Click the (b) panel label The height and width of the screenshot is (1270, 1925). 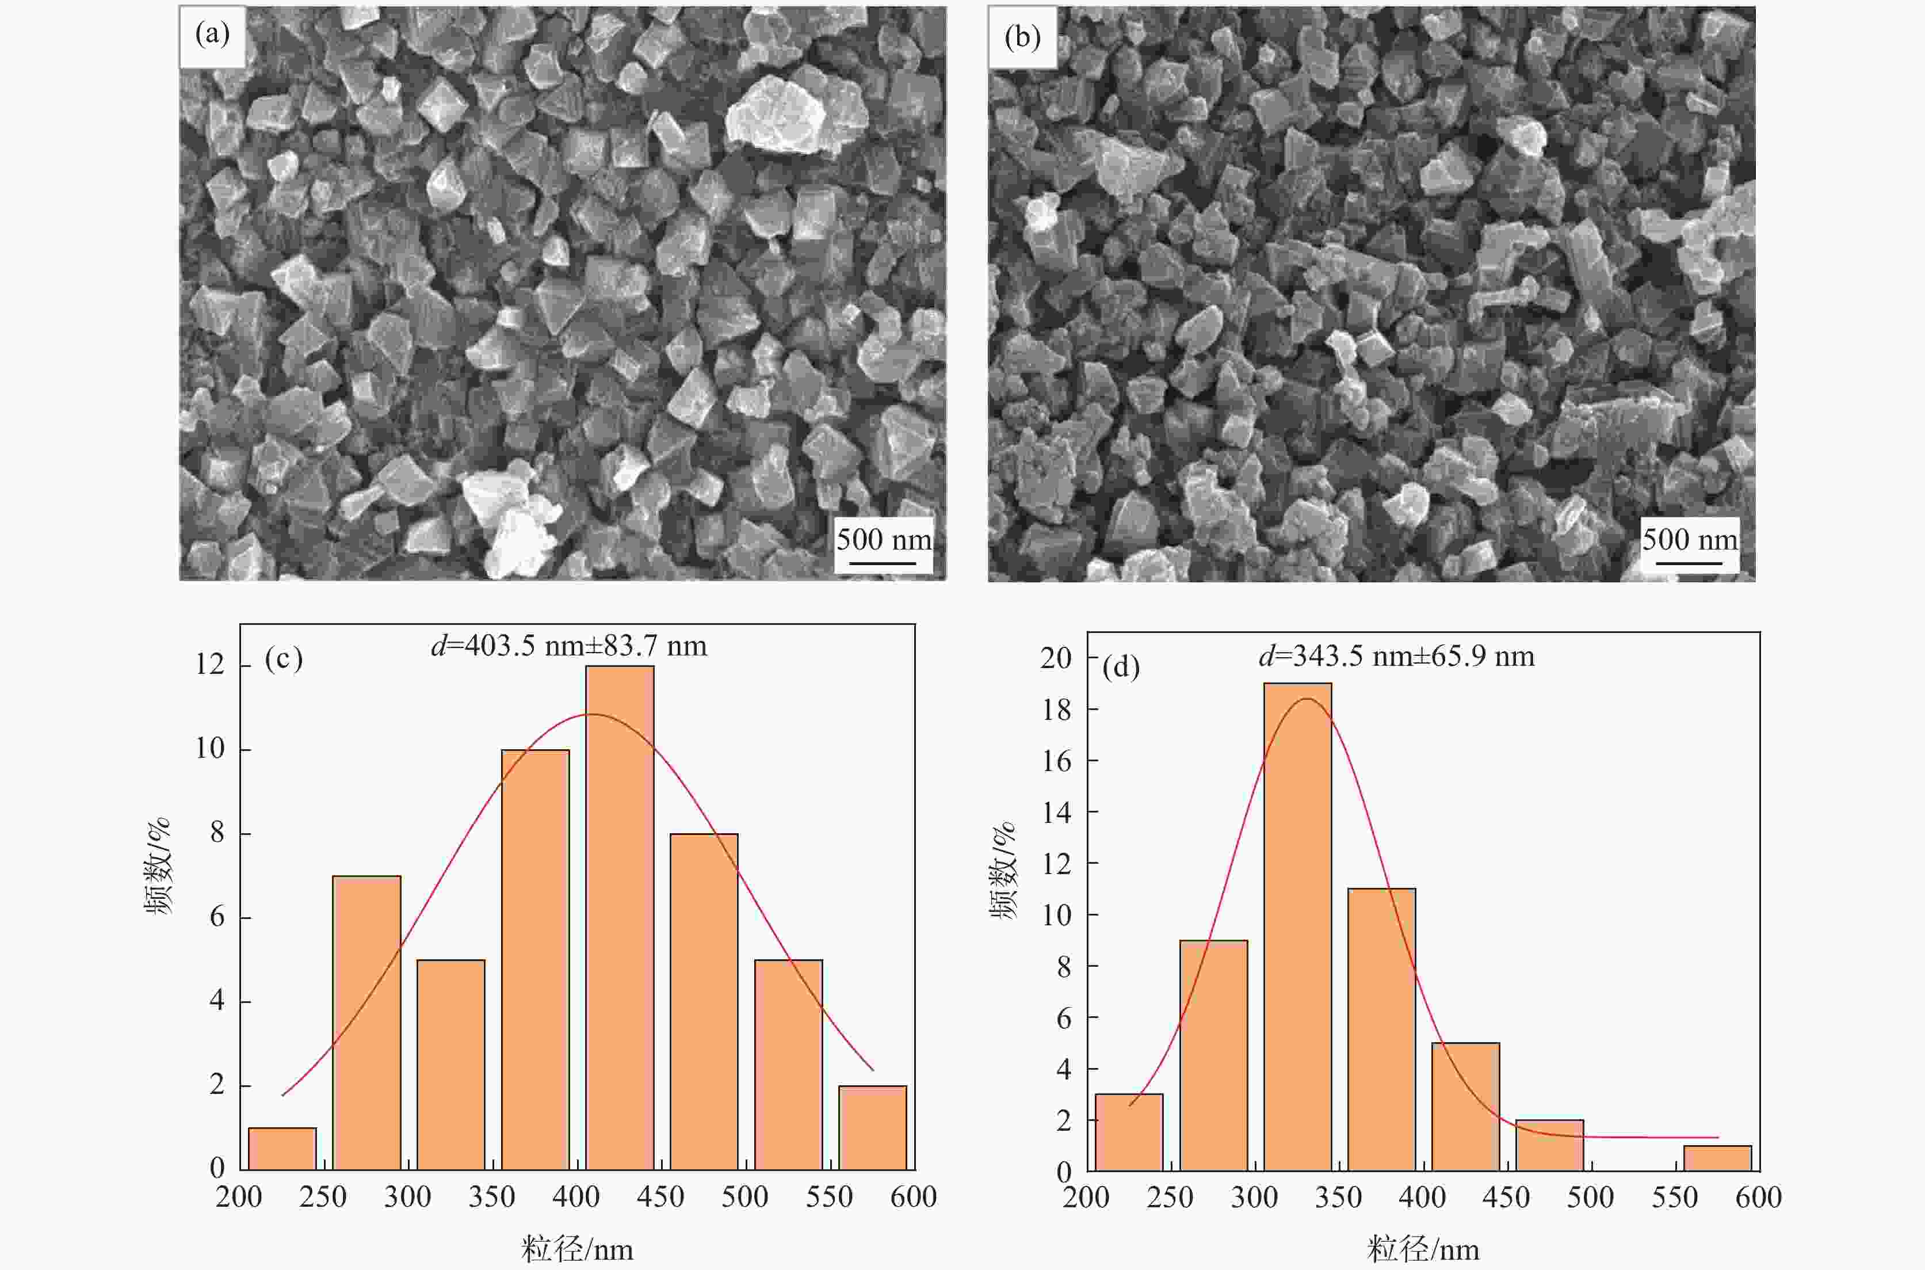click(1022, 37)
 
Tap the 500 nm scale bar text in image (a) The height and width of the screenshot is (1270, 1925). click(884, 539)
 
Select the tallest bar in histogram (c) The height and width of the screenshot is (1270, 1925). click(620, 917)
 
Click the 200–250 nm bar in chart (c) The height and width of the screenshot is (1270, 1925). click(282, 1149)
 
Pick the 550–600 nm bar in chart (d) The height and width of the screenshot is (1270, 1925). click(1718, 1158)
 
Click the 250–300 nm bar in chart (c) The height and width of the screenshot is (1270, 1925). click(366, 1022)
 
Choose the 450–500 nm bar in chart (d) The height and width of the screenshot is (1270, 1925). click(1549, 1145)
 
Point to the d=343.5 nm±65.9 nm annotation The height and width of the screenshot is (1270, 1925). click(1396, 656)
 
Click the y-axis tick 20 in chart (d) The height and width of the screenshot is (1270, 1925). click(1055, 658)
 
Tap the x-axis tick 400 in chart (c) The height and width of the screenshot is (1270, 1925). click(576, 1197)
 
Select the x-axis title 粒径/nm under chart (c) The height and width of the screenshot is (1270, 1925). click(576, 1249)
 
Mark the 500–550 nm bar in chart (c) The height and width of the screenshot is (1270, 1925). click(788, 1064)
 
